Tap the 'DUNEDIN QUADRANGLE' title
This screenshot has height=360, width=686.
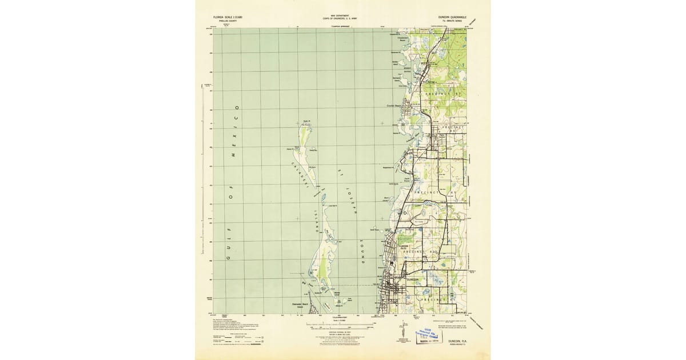coord(452,17)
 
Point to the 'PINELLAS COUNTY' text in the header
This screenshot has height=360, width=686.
coord(224,21)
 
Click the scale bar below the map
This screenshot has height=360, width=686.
coord(342,328)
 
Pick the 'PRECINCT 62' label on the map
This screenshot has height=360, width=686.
coord(424,251)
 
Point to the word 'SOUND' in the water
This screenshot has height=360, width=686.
coord(362,251)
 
